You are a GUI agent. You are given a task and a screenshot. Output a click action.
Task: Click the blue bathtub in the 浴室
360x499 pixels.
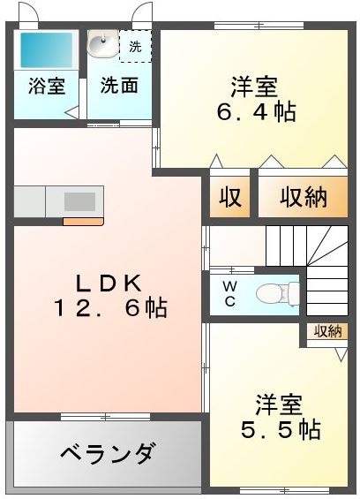pos(47,50)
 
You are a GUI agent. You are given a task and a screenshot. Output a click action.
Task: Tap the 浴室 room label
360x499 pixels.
pos(47,86)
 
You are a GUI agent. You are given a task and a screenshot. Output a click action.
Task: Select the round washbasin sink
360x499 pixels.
pos(102,43)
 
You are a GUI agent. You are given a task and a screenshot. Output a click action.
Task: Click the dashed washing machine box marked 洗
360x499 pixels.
pos(135,46)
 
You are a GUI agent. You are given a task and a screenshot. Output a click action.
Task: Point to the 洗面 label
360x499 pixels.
pos(119,86)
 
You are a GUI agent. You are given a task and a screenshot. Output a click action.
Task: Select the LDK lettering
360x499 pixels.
pos(109,284)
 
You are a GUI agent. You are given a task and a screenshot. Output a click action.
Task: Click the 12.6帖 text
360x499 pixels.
pos(111,307)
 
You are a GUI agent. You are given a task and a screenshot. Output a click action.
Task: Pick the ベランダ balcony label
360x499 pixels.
pos(109,454)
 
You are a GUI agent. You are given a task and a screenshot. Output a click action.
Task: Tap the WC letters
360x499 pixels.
pos(229,293)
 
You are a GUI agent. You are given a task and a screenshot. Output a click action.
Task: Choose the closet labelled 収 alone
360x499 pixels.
pos(230,197)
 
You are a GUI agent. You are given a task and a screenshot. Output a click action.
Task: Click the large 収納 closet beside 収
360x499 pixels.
pos(303,197)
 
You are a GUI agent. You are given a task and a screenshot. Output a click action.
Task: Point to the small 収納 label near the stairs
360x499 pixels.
pos(328,331)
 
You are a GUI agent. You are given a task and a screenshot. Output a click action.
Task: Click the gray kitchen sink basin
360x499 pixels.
pos(79,201)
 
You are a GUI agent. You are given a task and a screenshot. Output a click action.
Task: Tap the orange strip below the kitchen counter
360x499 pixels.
pos(83,222)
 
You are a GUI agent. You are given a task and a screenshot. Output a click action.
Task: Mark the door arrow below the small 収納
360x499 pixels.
pos(341,354)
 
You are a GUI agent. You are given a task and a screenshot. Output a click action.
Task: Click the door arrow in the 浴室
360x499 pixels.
pos(71,113)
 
